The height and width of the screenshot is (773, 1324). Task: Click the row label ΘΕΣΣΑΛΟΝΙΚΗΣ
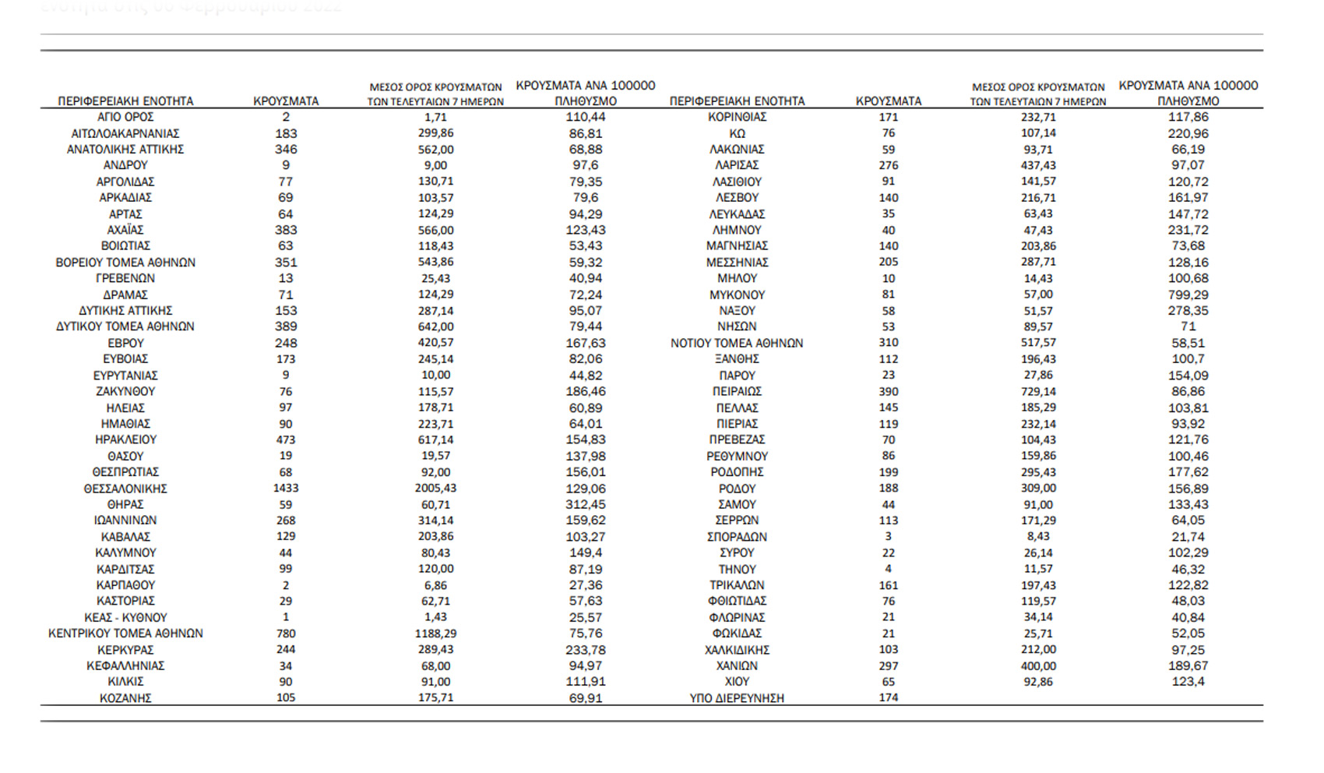click(125, 489)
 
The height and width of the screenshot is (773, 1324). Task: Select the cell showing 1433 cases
click(286, 488)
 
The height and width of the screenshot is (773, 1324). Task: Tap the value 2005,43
click(435, 488)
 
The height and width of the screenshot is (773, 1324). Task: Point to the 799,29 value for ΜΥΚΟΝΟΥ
click(1188, 295)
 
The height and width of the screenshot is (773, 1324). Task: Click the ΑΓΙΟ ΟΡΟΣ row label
click(125, 117)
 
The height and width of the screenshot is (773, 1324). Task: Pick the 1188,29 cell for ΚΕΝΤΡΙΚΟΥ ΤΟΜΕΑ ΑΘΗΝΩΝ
click(435, 634)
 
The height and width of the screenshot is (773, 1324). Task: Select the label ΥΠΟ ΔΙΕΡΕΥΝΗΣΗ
click(737, 698)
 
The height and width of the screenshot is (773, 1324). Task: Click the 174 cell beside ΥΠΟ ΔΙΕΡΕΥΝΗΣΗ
click(888, 697)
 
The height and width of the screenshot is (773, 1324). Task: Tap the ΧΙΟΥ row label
click(737, 682)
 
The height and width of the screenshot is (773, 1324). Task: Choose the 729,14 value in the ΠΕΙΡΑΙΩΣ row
click(1038, 391)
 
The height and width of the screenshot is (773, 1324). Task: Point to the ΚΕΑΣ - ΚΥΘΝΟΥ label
click(125, 617)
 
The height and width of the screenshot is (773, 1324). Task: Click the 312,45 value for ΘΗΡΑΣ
click(586, 504)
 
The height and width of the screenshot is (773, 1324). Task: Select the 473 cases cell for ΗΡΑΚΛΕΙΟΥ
click(286, 439)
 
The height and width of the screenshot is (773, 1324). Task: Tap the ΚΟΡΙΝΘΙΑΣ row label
click(737, 117)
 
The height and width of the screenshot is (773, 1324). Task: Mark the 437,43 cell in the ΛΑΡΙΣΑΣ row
click(1038, 165)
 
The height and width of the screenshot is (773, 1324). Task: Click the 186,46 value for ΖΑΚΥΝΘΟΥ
click(586, 391)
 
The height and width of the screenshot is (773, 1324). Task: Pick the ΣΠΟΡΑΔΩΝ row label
click(737, 537)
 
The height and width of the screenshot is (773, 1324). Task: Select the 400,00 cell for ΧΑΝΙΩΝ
click(1038, 666)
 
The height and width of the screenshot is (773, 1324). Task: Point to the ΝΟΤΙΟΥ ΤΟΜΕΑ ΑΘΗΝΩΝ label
click(737, 343)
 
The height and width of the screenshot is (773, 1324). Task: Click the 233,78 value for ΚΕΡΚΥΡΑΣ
click(586, 650)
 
